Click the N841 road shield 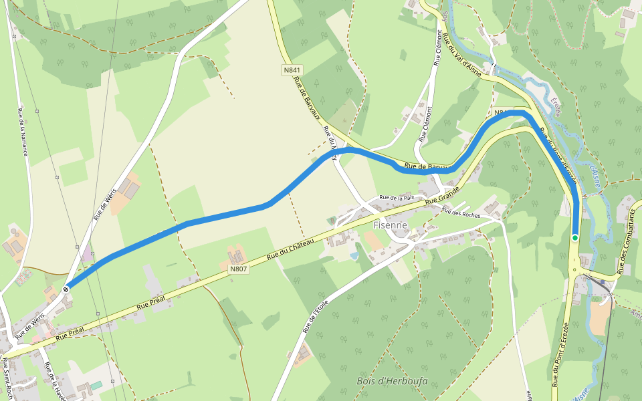coord(292,70)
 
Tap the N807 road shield coord(238,269)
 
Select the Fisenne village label coord(391,225)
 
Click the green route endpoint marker coord(575,237)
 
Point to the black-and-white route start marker coord(66,289)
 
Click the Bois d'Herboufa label coord(392,382)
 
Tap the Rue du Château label coord(290,249)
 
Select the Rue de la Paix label coord(398,198)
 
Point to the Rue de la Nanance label coord(23,132)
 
